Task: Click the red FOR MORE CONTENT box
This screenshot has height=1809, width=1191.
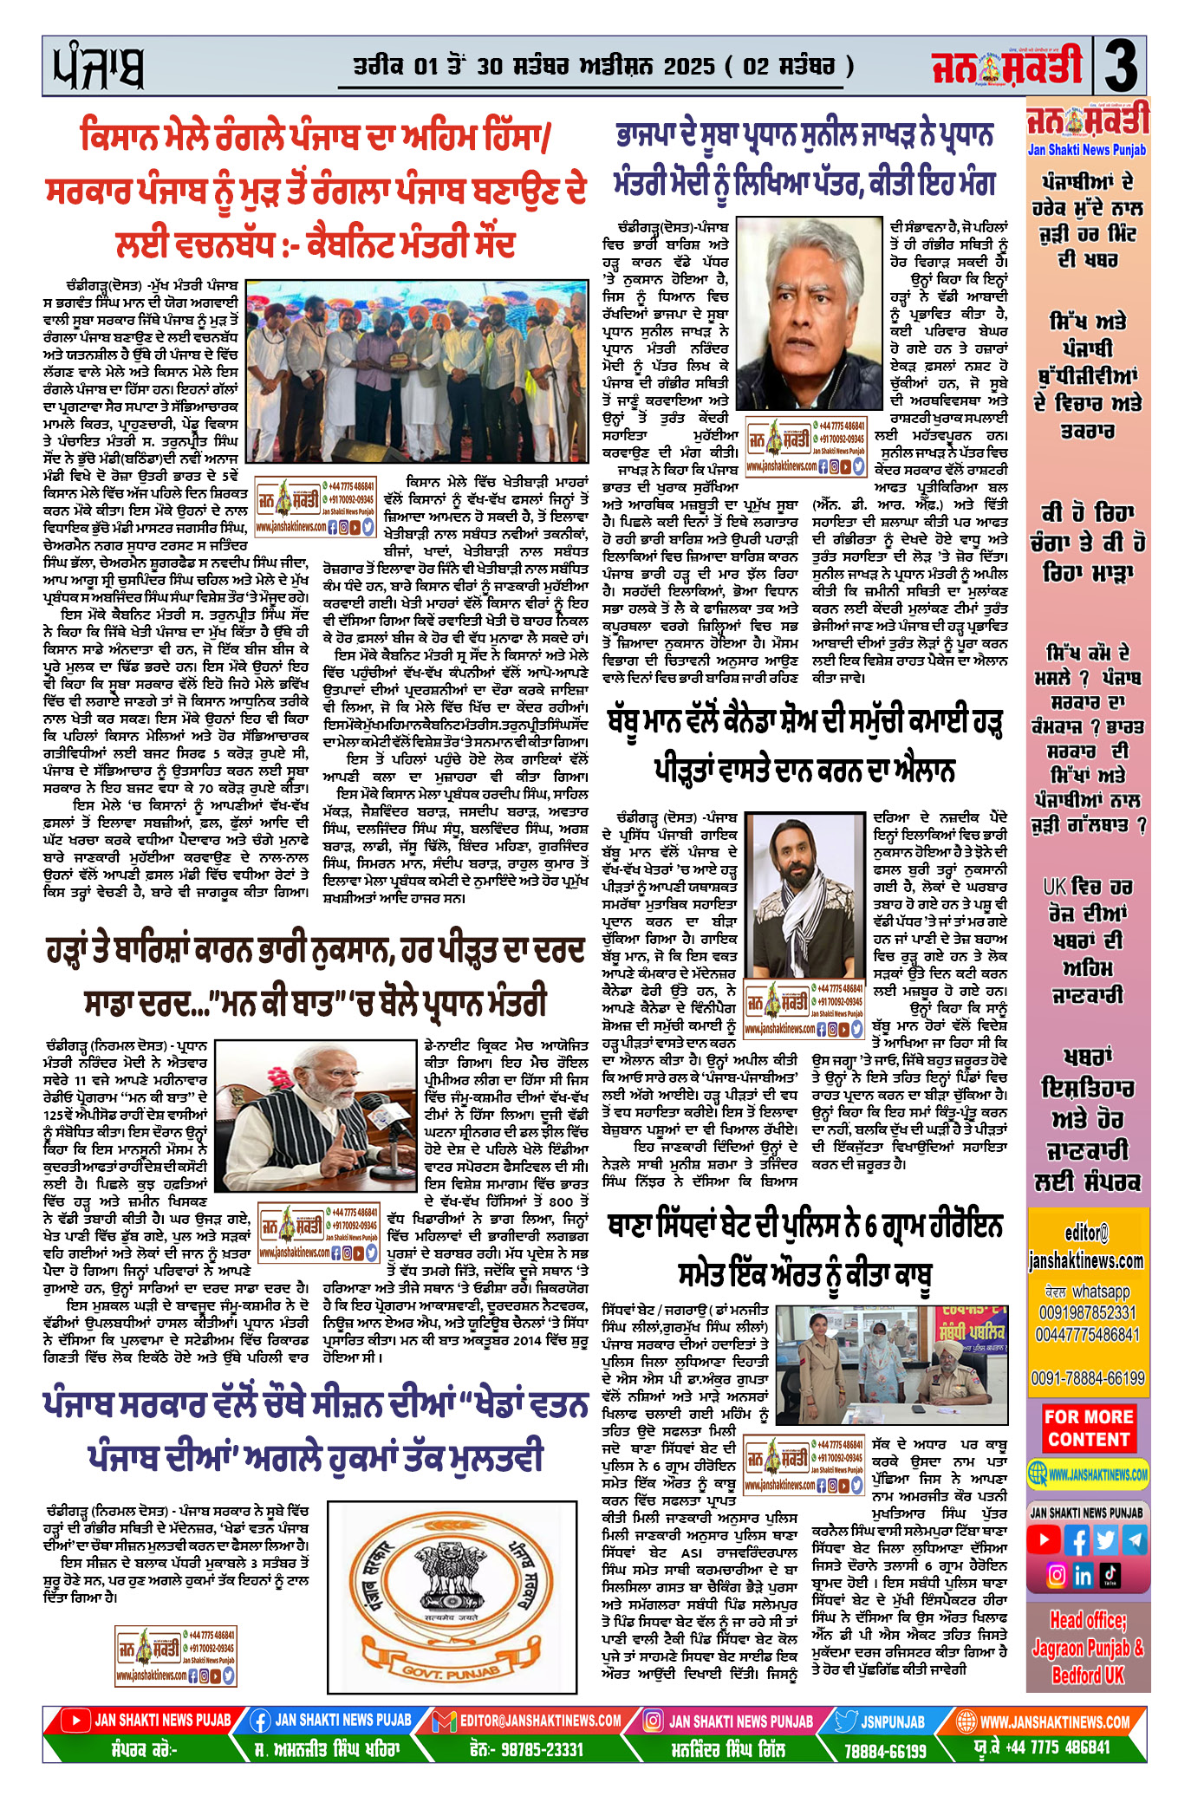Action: [x=1088, y=1428]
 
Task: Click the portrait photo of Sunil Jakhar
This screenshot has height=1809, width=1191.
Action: [x=808, y=313]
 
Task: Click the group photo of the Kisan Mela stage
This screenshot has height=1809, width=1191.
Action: [x=418, y=371]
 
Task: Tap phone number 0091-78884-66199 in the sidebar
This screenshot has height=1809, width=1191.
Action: [x=1088, y=1377]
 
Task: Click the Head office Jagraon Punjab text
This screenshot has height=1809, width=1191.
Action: [x=1088, y=1647]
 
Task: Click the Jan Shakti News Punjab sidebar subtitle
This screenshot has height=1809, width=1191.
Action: [x=1087, y=150]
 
